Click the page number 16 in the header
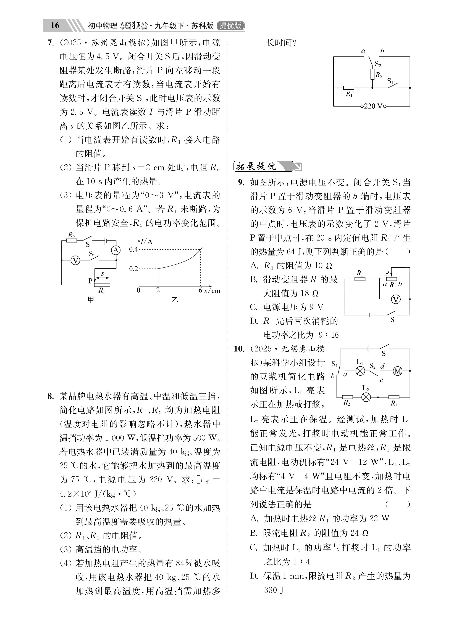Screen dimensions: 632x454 (55, 25)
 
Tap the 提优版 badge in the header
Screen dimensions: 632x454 (230, 26)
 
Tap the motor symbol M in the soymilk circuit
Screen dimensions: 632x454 (397, 371)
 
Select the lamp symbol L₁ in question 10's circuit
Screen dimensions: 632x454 (360, 371)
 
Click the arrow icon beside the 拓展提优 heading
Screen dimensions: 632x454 (298, 167)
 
